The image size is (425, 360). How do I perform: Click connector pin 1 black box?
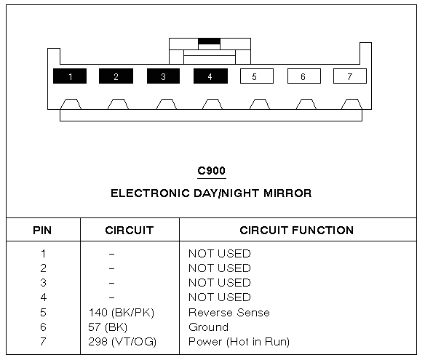pyautogui.click(x=70, y=76)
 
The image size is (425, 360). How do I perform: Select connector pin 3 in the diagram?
pyautogui.click(x=163, y=76)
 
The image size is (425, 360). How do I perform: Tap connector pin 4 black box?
pyautogui.click(x=210, y=76)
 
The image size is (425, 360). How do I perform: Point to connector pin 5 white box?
pyautogui.click(x=255, y=76)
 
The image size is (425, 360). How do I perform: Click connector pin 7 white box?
pyautogui.click(x=349, y=76)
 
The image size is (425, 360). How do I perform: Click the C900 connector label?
pyautogui.click(x=211, y=172)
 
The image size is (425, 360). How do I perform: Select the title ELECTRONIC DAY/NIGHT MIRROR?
pyautogui.click(x=211, y=193)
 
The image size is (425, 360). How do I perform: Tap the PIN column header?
pyautogui.click(x=42, y=231)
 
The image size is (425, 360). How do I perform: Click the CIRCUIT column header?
pyautogui.click(x=129, y=231)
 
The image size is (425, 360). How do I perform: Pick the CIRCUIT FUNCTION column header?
pyautogui.click(x=296, y=231)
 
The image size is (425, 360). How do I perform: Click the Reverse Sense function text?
pyautogui.click(x=229, y=313)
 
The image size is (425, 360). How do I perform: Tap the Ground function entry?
pyautogui.click(x=208, y=327)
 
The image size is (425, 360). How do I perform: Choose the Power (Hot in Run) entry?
pyautogui.click(x=239, y=342)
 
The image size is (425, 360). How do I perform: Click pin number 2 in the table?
pyautogui.click(x=43, y=268)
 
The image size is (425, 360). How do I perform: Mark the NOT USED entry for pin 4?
pyautogui.click(x=219, y=297)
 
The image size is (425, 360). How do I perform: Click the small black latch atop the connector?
pyautogui.click(x=210, y=41)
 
